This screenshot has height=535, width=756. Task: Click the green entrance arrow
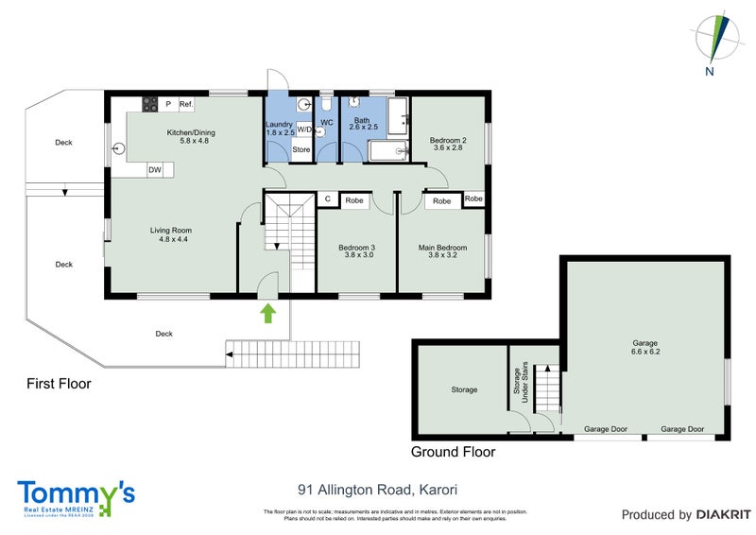(x=267, y=314)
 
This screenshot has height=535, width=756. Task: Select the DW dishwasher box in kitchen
(x=154, y=169)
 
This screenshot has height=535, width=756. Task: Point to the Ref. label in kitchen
(x=186, y=104)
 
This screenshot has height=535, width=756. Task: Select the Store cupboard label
(x=301, y=150)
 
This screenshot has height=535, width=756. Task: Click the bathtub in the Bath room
(x=387, y=151)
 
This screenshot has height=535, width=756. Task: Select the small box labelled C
(x=327, y=199)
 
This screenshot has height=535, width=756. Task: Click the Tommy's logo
(x=76, y=496)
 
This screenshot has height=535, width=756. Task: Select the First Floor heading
(x=58, y=384)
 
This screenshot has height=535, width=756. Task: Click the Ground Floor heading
(x=453, y=452)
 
